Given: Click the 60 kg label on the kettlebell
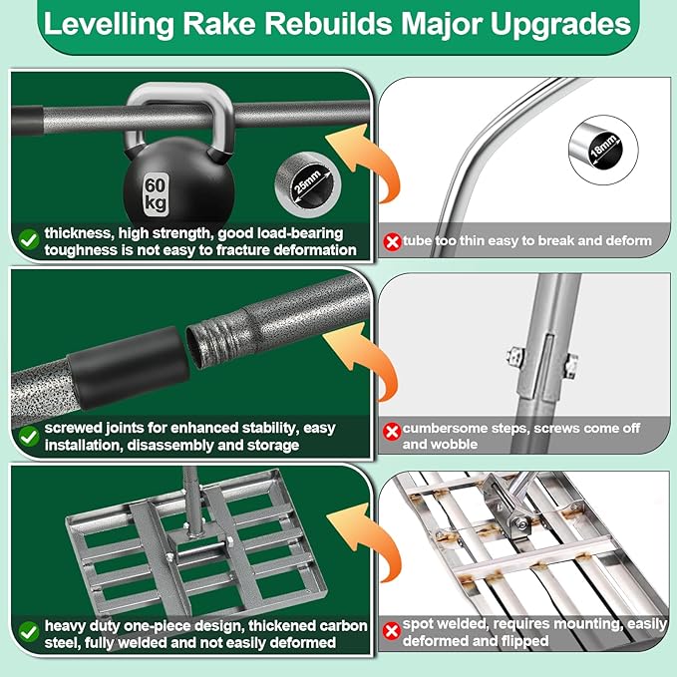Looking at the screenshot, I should coord(156,190).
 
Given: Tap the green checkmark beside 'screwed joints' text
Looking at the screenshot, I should coord(27,436).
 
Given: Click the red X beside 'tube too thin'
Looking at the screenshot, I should coord(392,240).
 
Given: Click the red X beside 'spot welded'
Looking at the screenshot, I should coord(392,630).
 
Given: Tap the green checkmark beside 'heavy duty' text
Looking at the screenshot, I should coord(27,630).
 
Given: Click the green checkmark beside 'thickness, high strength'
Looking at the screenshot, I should coord(27,239).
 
